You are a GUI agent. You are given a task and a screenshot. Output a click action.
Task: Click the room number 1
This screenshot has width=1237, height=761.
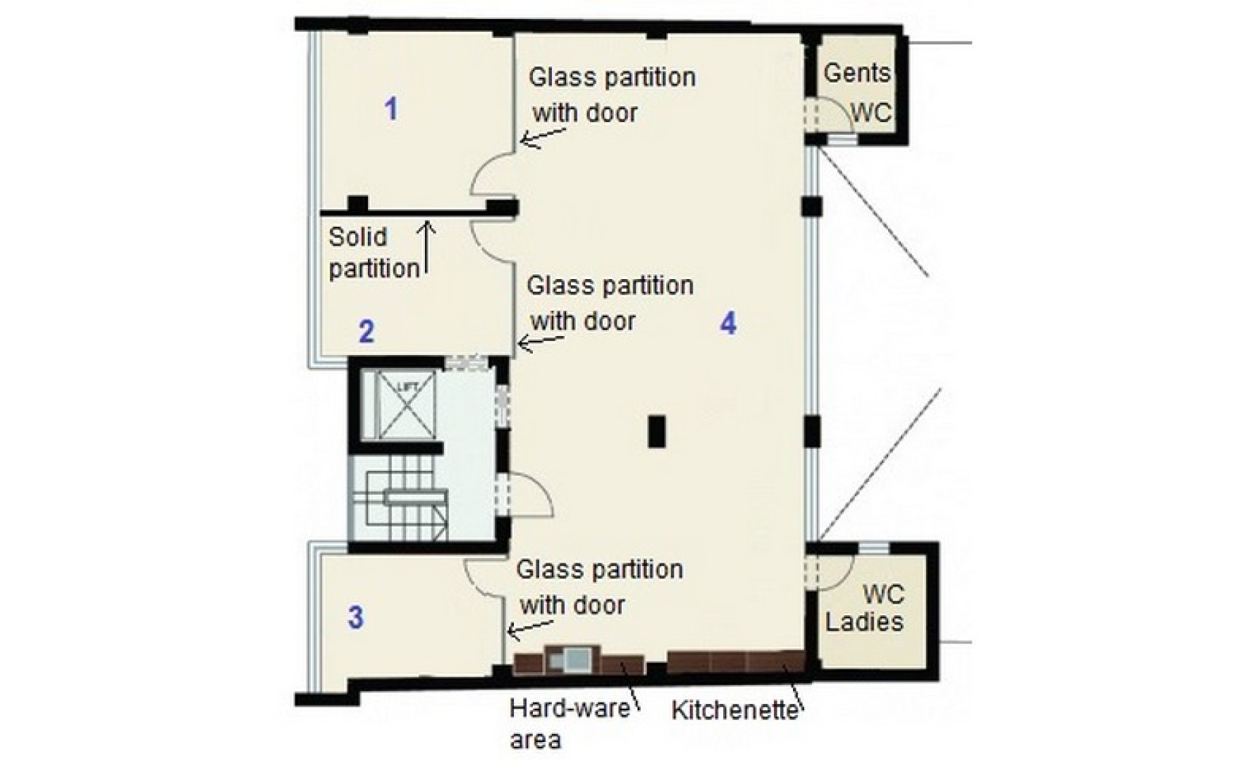(390, 109)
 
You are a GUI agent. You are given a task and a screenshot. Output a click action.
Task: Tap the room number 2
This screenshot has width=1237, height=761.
(366, 332)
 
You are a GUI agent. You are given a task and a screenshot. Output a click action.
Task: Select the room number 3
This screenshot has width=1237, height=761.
(356, 618)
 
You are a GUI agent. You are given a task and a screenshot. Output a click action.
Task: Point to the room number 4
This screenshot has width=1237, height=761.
(728, 323)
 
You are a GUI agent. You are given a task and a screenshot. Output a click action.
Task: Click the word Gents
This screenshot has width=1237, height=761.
(856, 73)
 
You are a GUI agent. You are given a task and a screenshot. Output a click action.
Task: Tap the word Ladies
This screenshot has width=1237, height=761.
(865, 622)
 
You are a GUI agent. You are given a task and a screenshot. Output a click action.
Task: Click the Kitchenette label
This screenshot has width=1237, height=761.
(734, 710)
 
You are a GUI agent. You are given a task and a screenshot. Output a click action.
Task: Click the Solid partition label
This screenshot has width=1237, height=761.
(374, 253)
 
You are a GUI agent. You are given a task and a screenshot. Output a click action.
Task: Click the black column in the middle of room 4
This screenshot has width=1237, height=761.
(656, 432)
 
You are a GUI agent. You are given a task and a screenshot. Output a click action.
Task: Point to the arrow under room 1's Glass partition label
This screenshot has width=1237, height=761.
(544, 137)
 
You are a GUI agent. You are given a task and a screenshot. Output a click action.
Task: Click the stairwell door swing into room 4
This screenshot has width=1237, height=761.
(532, 493)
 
